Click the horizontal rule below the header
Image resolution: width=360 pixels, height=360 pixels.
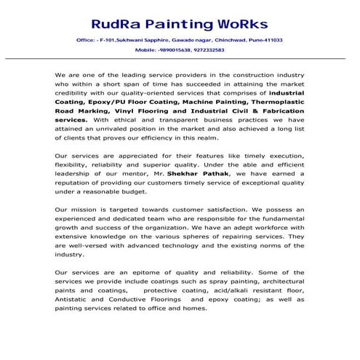pyautogui.click(x=180, y=58)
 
